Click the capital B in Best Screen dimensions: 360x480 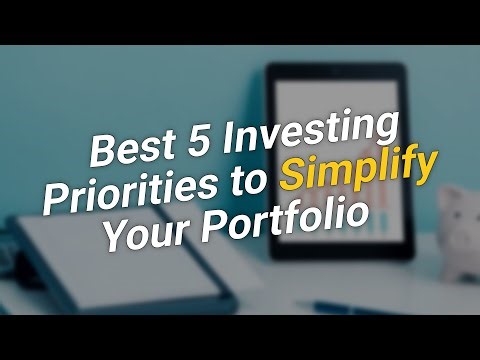pyautogui.click(x=102, y=150)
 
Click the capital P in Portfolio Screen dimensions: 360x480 pyautogui.click(x=212, y=223)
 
